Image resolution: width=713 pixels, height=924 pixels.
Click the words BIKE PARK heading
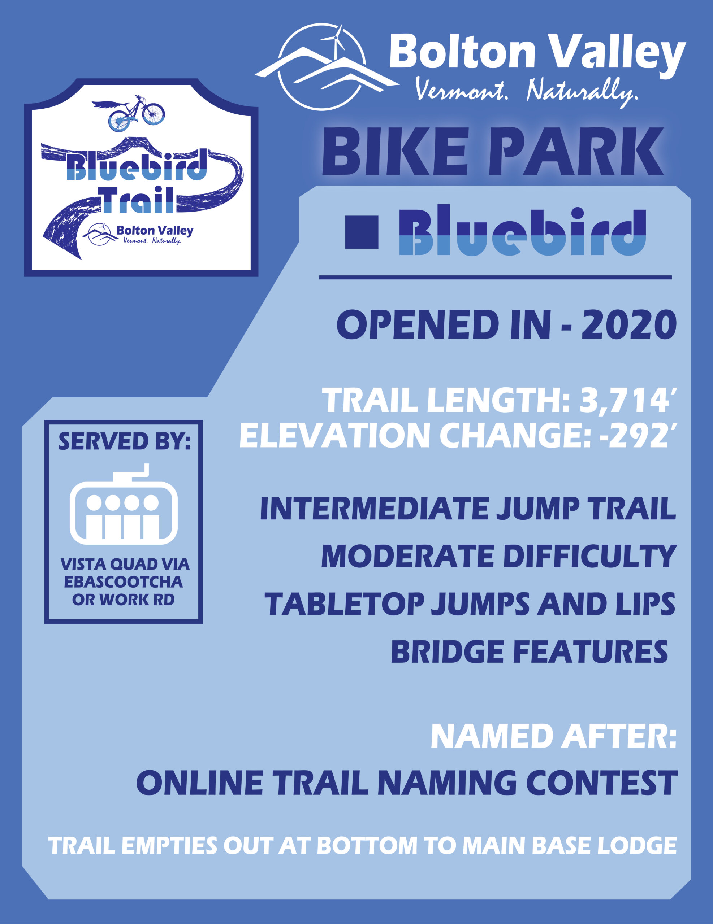[492, 152]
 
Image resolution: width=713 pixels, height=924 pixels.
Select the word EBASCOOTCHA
[123, 582]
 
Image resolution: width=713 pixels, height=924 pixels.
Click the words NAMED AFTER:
[553, 736]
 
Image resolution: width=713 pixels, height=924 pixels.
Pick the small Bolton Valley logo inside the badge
[138, 234]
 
